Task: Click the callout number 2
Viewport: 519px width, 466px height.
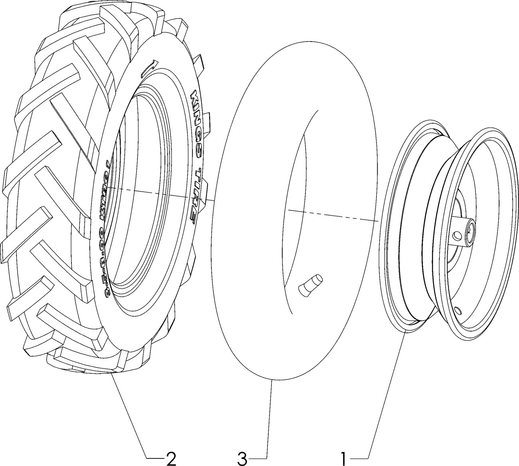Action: pyautogui.click(x=171, y=458)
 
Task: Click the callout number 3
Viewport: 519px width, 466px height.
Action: pyautogui.click(x=242, y=458)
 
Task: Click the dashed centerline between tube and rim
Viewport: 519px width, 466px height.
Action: pyautogui.click(x=331, y=215)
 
